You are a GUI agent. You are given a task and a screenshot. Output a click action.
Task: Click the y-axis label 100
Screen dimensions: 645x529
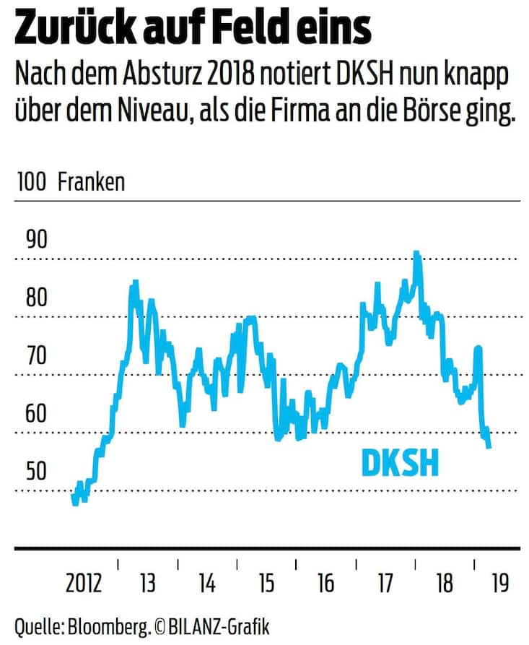(x=31, y=182)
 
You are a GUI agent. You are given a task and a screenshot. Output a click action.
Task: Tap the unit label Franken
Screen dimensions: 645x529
(x=91, y=182)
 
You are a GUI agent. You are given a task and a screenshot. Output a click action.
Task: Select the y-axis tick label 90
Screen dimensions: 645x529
(x=36, y=240)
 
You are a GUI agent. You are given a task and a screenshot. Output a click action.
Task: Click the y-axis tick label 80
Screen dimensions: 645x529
(x=36, y=298)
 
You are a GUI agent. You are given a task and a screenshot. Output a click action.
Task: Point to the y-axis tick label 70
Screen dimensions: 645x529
(x=36, y=355)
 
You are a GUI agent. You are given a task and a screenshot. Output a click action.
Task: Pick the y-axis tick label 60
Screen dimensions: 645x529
(x=36, y=413)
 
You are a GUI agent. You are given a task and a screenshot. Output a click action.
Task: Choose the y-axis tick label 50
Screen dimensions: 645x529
(x=36, y=471)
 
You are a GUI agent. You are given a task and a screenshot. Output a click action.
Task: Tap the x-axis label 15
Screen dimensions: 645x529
(x=266, y=583)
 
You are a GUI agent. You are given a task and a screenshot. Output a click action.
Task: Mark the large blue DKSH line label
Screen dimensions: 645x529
(x=400, y=463)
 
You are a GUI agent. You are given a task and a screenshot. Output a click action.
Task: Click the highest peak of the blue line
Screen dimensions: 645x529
(x=416, y=254)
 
